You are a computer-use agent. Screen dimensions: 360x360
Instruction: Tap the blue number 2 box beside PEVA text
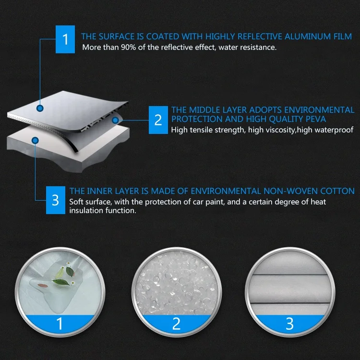[x=158, y=120]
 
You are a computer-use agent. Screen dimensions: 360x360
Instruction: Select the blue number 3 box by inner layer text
[x=55, y=200]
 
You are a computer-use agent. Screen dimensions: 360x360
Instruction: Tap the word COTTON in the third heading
[x=338, y=191]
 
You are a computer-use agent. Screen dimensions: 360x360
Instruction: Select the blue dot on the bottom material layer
[x=35, y=140]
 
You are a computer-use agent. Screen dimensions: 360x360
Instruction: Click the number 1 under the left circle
[x=60, y=324]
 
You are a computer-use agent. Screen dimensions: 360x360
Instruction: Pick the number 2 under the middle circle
[x=176, y=324]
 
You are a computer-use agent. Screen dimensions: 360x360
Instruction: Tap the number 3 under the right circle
[x=290, y=324]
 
